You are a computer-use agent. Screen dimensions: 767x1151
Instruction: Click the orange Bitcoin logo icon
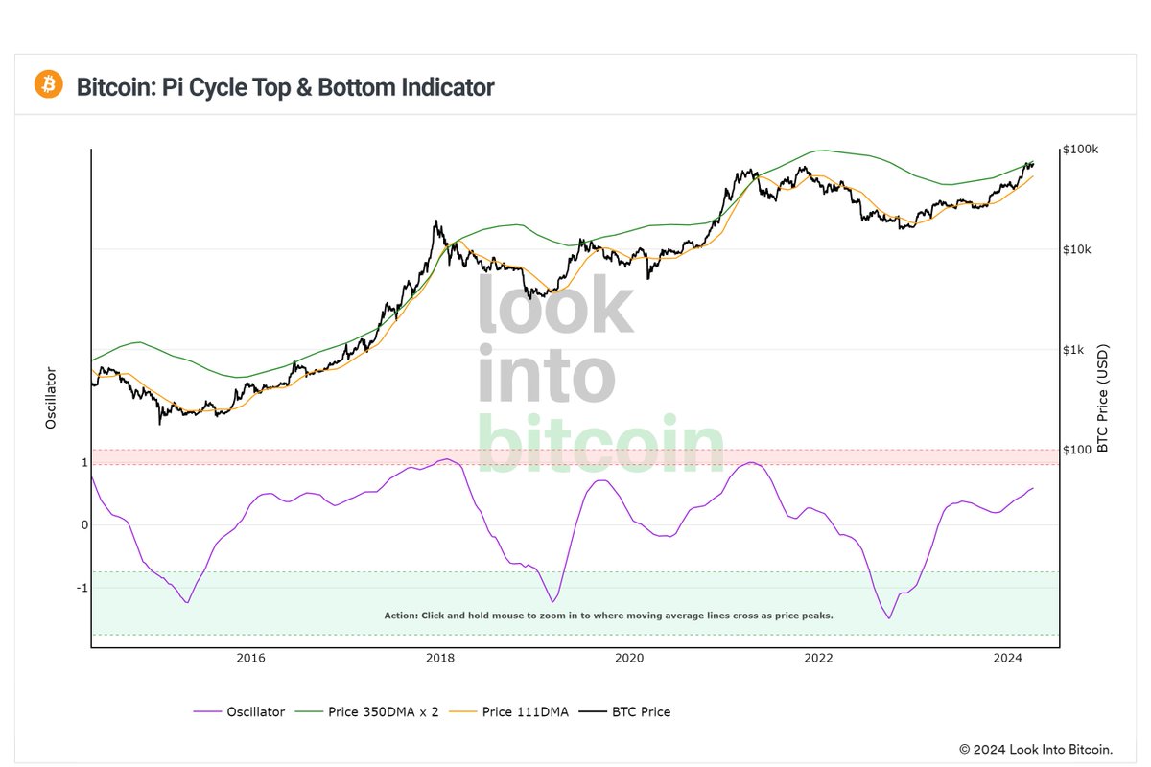click(x=48, y=84)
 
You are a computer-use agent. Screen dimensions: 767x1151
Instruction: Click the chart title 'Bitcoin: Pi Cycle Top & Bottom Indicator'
click(x=285, y=87)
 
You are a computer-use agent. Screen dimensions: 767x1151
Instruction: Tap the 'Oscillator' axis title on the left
click(x=51, y=398)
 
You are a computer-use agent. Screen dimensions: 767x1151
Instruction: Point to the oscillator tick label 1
click(x=84, y=463)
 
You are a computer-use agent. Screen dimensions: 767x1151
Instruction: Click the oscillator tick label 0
click(x=84, y=525)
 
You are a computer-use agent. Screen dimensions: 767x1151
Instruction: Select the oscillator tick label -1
click(x=82, y=588)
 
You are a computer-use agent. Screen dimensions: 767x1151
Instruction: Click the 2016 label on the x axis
click(x=250, y=658)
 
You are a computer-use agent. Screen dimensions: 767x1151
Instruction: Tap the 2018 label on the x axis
click(x=440, y=658)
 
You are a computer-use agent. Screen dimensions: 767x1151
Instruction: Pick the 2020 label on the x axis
click(x=629, y=658)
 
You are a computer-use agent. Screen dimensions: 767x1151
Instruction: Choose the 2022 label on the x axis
click(x=818, y=658)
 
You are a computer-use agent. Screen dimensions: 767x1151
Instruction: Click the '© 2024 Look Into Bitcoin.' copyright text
click(x=1036, y=748)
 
